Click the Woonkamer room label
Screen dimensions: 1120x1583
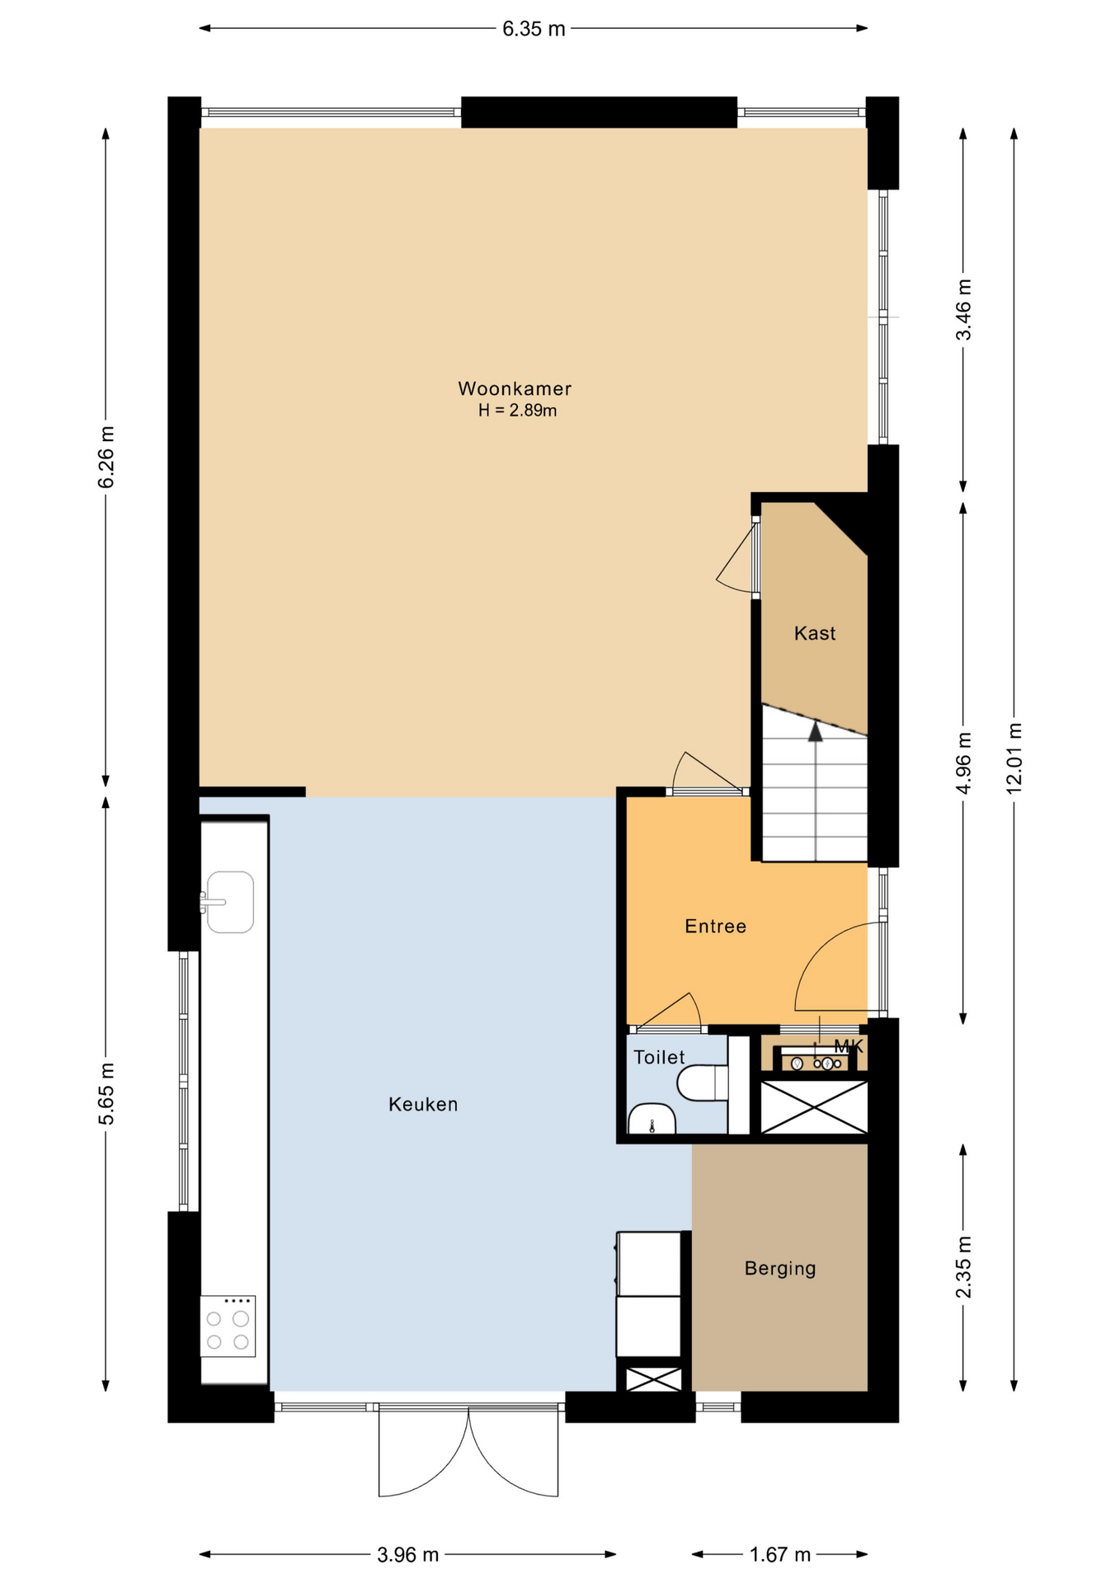point(515,388)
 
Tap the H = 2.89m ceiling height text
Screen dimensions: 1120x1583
point(517,411)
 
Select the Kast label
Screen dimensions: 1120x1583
point(815,633)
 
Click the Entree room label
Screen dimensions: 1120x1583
point(715,926)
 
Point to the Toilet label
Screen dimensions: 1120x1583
point(659,1057)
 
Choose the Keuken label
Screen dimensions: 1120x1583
point(423,1104)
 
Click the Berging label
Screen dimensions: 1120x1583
point(780,1268)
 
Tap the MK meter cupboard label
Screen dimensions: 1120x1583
point(849,1046)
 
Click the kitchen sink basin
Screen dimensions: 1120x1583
point(230,902)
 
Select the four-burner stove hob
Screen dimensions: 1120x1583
point(228,1326)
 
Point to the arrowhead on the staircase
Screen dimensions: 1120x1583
point(815,731)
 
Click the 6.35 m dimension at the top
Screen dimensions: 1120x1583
point(534,29)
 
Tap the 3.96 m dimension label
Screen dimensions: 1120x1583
point(408,1555)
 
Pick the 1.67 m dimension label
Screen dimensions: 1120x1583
point(779,1555)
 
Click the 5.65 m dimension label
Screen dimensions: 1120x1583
point(106,1094)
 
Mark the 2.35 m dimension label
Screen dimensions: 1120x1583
point(963,1267)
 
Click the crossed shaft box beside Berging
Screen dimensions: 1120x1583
point(653,1379)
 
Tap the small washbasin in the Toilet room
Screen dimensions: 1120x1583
point(652,1119)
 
